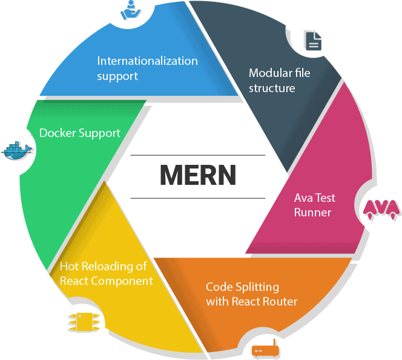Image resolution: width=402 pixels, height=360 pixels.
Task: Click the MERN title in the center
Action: click(x=198, y=175)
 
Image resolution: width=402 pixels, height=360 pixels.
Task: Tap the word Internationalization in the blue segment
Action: click(x=147, y=61)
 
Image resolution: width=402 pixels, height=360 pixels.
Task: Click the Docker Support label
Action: click(x=79, y=132)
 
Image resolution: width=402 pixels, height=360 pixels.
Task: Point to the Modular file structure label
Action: click(x=280, y=80)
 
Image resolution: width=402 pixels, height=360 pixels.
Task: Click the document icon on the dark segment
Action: click(x=312, y=41)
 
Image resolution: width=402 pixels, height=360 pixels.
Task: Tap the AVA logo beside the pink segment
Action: click(x=381, y=208)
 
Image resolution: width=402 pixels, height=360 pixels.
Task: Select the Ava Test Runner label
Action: click(x=314, y=205)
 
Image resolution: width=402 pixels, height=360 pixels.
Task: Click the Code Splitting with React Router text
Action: click(x=251, y=294)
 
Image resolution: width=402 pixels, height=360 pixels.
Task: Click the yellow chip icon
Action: click(x=79, y=322)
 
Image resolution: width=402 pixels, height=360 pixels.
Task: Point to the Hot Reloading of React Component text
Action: click(x=106, y=273)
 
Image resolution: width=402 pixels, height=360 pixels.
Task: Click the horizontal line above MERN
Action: click(x=198, y=155)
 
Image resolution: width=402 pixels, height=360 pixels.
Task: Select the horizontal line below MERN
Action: click(x=198, y=198)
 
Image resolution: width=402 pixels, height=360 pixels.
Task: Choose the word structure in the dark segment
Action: click(x=272, y=88)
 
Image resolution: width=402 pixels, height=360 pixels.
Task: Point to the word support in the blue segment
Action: click(x=117, y=76)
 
